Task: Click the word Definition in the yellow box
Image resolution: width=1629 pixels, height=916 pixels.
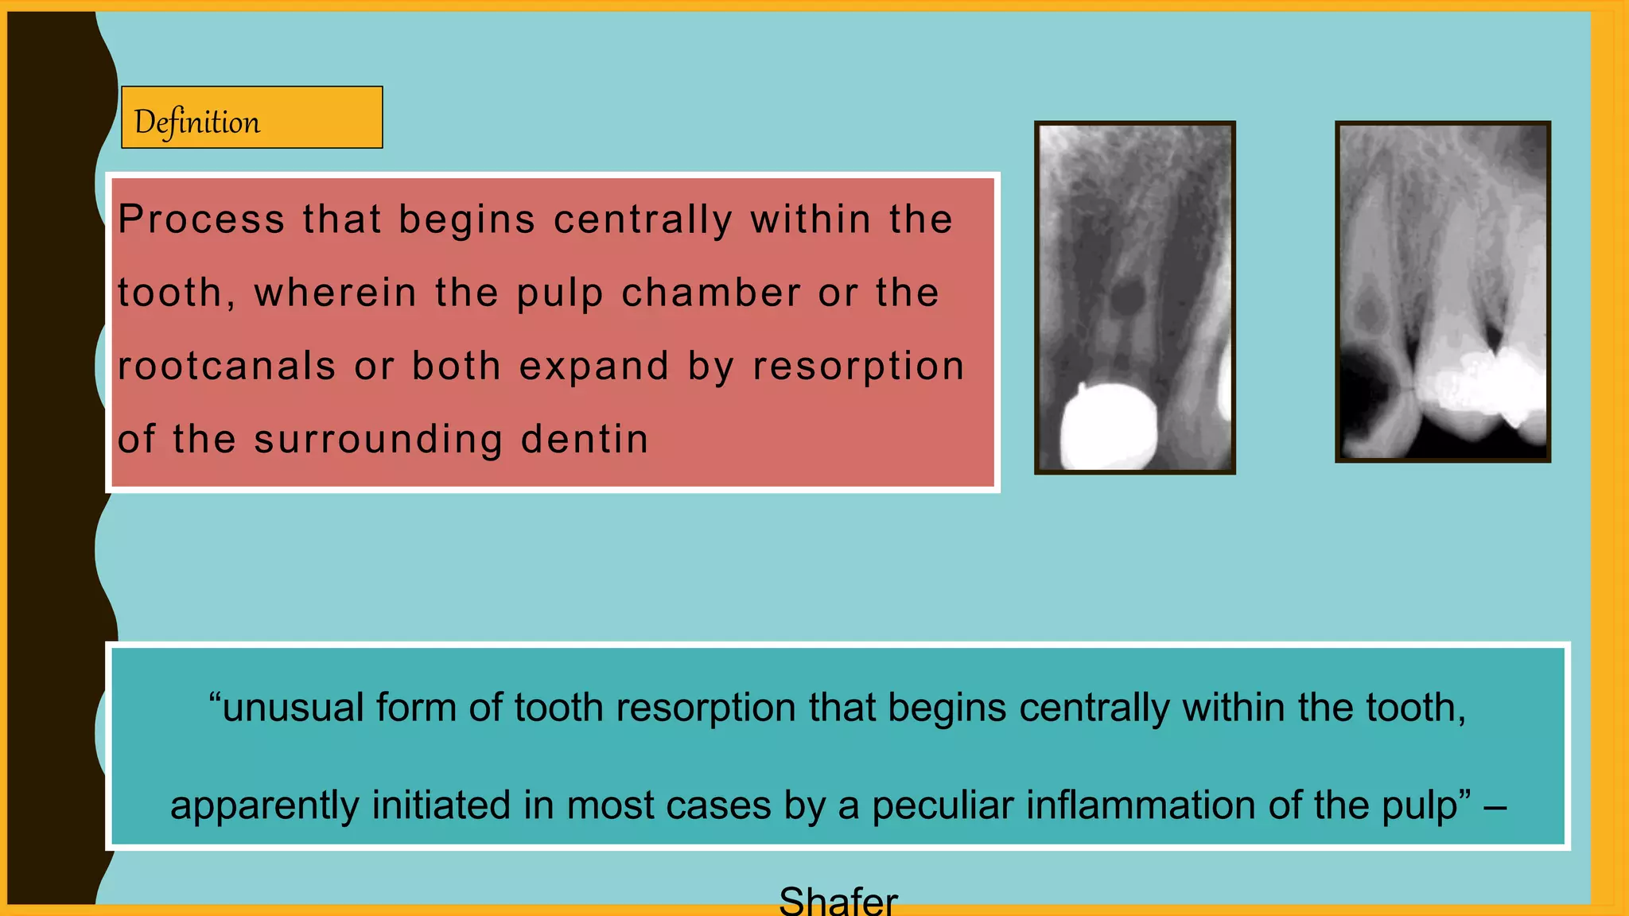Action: (197, 122)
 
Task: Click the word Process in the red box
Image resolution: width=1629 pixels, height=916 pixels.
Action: (201, 219)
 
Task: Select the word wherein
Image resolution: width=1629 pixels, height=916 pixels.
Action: (336, 293)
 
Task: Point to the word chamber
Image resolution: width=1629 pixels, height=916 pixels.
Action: (710, 293)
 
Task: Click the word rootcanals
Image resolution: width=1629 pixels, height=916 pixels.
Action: (227, 367)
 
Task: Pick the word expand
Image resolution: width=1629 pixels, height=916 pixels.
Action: (594, 367)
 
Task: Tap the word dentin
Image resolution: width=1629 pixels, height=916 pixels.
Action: (585, 440)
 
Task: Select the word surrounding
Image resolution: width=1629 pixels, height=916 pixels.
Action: (378, 440)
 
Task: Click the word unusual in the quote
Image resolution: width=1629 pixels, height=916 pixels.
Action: (293, 708)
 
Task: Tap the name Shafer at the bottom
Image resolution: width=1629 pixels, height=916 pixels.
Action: (838, 901)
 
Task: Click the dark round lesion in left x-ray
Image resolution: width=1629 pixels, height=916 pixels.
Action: (1127, 297)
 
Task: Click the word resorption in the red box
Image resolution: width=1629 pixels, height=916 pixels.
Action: (859, 367)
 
